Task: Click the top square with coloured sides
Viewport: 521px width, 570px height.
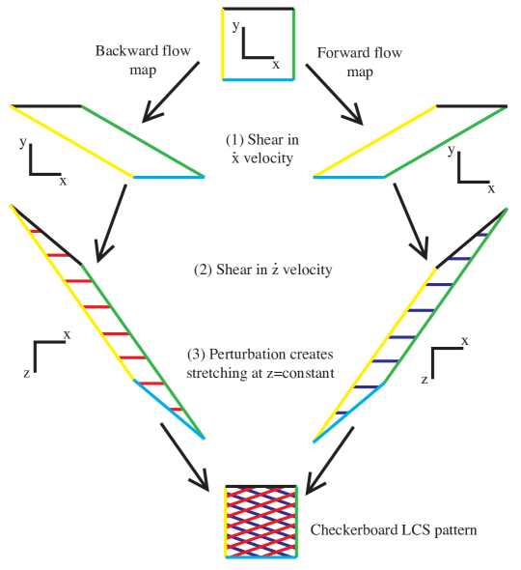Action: [x=258, y=44]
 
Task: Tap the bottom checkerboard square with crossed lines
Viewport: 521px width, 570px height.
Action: [x=260, y=523]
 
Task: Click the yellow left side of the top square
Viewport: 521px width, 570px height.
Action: [x=224, y=44]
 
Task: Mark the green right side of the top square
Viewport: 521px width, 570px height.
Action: [x=292, y=44]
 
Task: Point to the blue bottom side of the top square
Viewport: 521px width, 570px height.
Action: [x=258, y=80]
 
